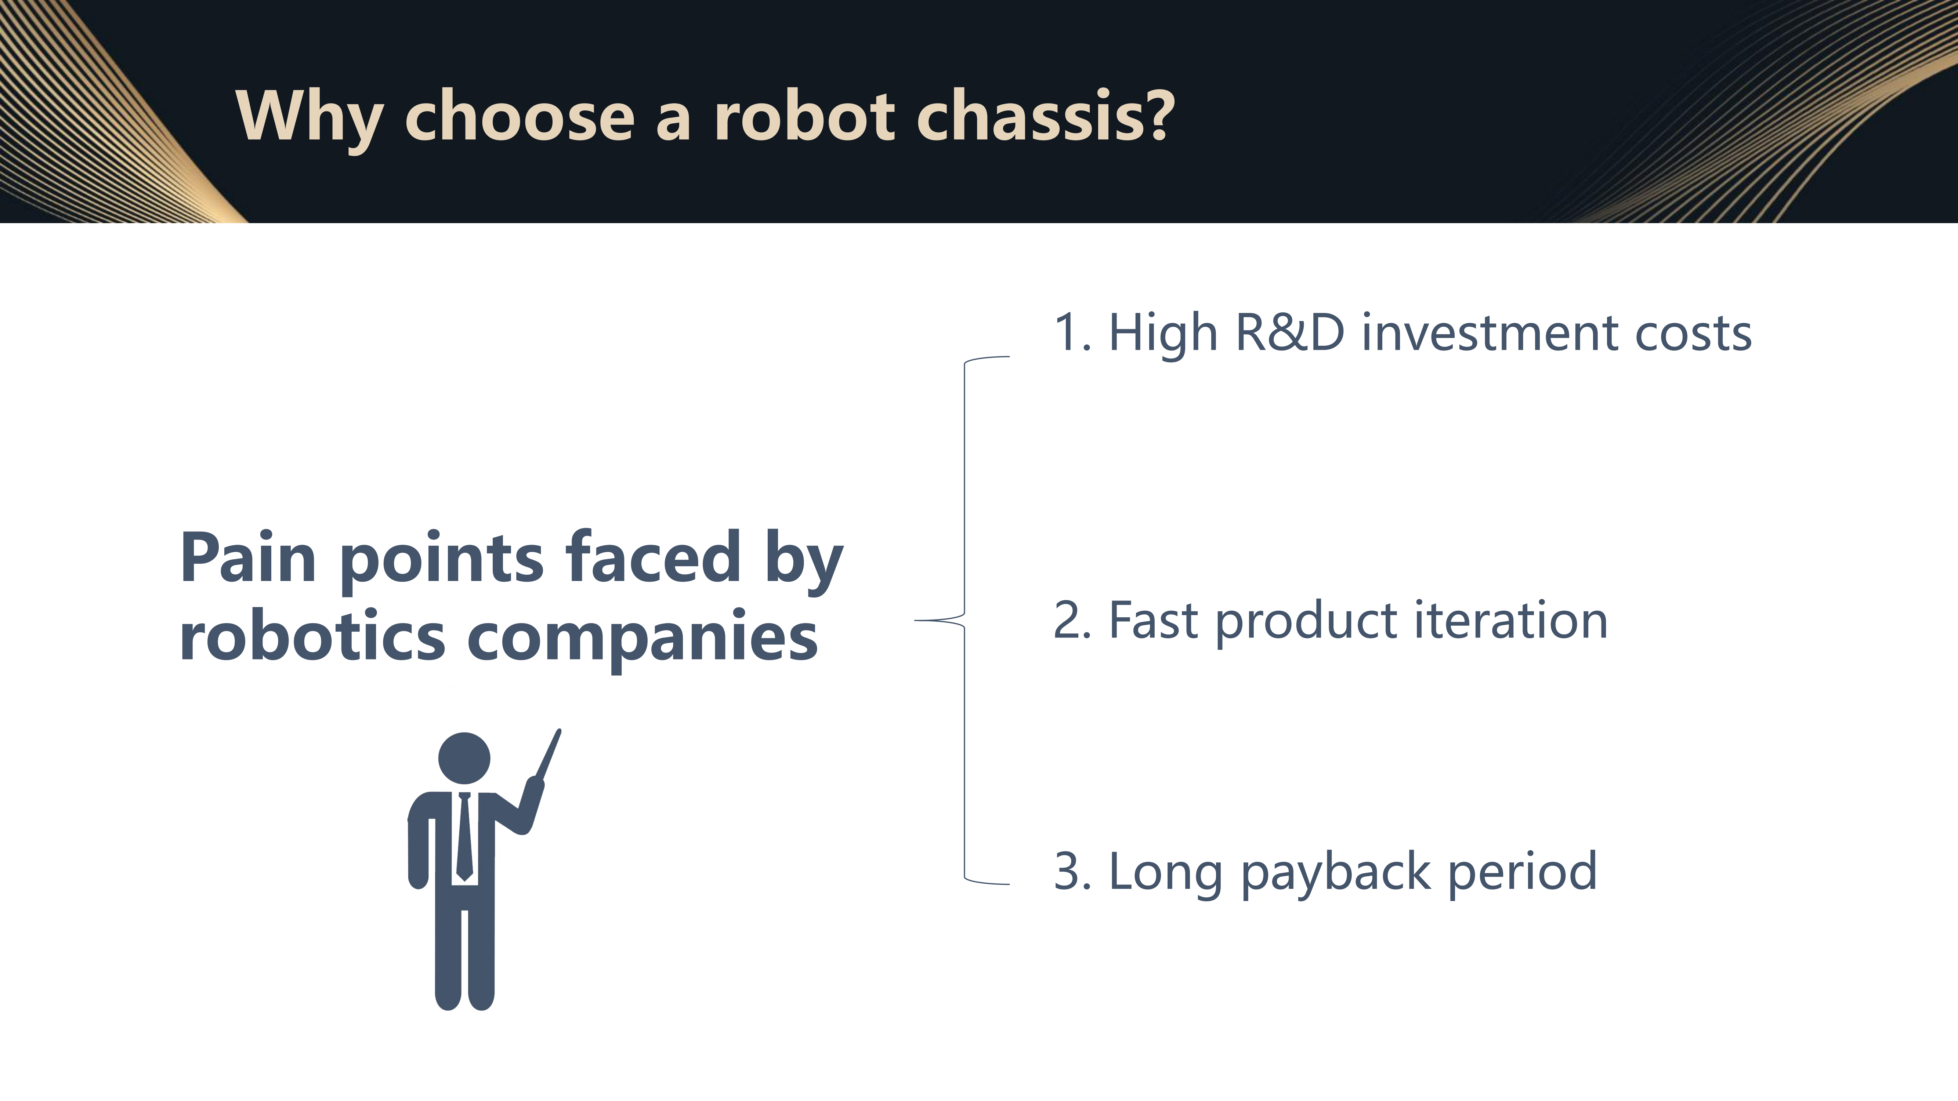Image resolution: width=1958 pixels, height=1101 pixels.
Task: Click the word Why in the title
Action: pos(309,118)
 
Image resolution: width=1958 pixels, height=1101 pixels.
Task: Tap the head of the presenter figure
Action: pos(464,757)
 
